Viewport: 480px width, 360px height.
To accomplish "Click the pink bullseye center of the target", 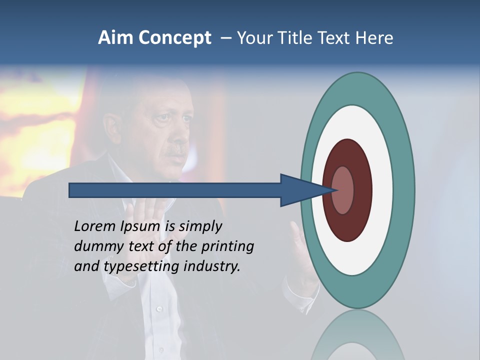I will point(343,190).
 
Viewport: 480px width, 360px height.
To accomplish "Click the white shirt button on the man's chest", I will point(159,309).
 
